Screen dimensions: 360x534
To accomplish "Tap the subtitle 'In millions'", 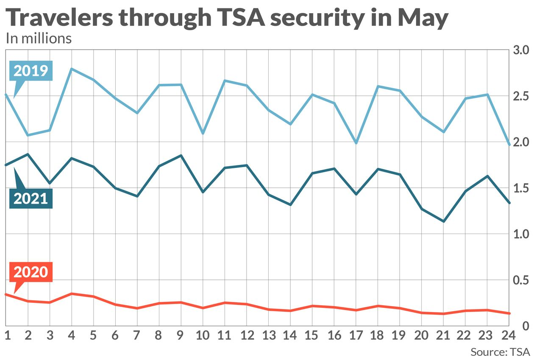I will (39, 39).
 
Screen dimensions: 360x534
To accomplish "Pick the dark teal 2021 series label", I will (31, 198).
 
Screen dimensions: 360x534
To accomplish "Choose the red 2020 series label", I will (31, 272).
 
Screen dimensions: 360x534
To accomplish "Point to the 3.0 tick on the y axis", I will (520, 50).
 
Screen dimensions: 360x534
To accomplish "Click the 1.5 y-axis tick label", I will (520, 188).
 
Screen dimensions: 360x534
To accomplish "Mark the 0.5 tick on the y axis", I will (520, 280).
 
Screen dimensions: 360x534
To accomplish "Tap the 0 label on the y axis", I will (525, 326).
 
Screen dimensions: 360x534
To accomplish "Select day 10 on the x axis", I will (203, 336).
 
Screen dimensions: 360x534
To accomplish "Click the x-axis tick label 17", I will (356, 336).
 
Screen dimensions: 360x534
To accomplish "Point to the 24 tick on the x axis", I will (509, 336).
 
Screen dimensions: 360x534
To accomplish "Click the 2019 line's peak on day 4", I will (72, 69).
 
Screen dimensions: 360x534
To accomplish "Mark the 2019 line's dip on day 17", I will (356, 143).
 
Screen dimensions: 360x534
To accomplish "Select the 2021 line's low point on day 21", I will (444, 221).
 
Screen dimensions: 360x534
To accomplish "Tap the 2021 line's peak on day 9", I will (181, 156).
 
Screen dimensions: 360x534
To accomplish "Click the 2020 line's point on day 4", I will (72, 293).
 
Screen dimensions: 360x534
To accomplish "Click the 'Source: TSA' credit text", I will (500, 352).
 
